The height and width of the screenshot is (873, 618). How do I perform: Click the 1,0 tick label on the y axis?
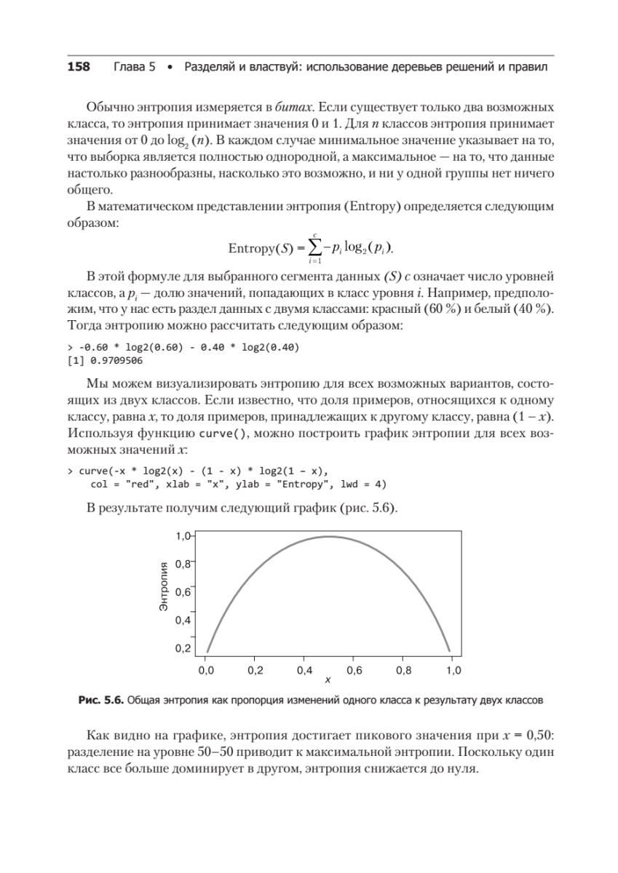(184, 535)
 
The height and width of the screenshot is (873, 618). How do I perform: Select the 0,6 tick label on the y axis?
(184, 592)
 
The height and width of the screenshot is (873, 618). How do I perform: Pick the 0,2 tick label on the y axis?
(184, 648)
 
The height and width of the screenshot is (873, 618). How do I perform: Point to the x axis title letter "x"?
(328, 681)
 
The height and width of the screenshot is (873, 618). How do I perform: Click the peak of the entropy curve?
(329, 537)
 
